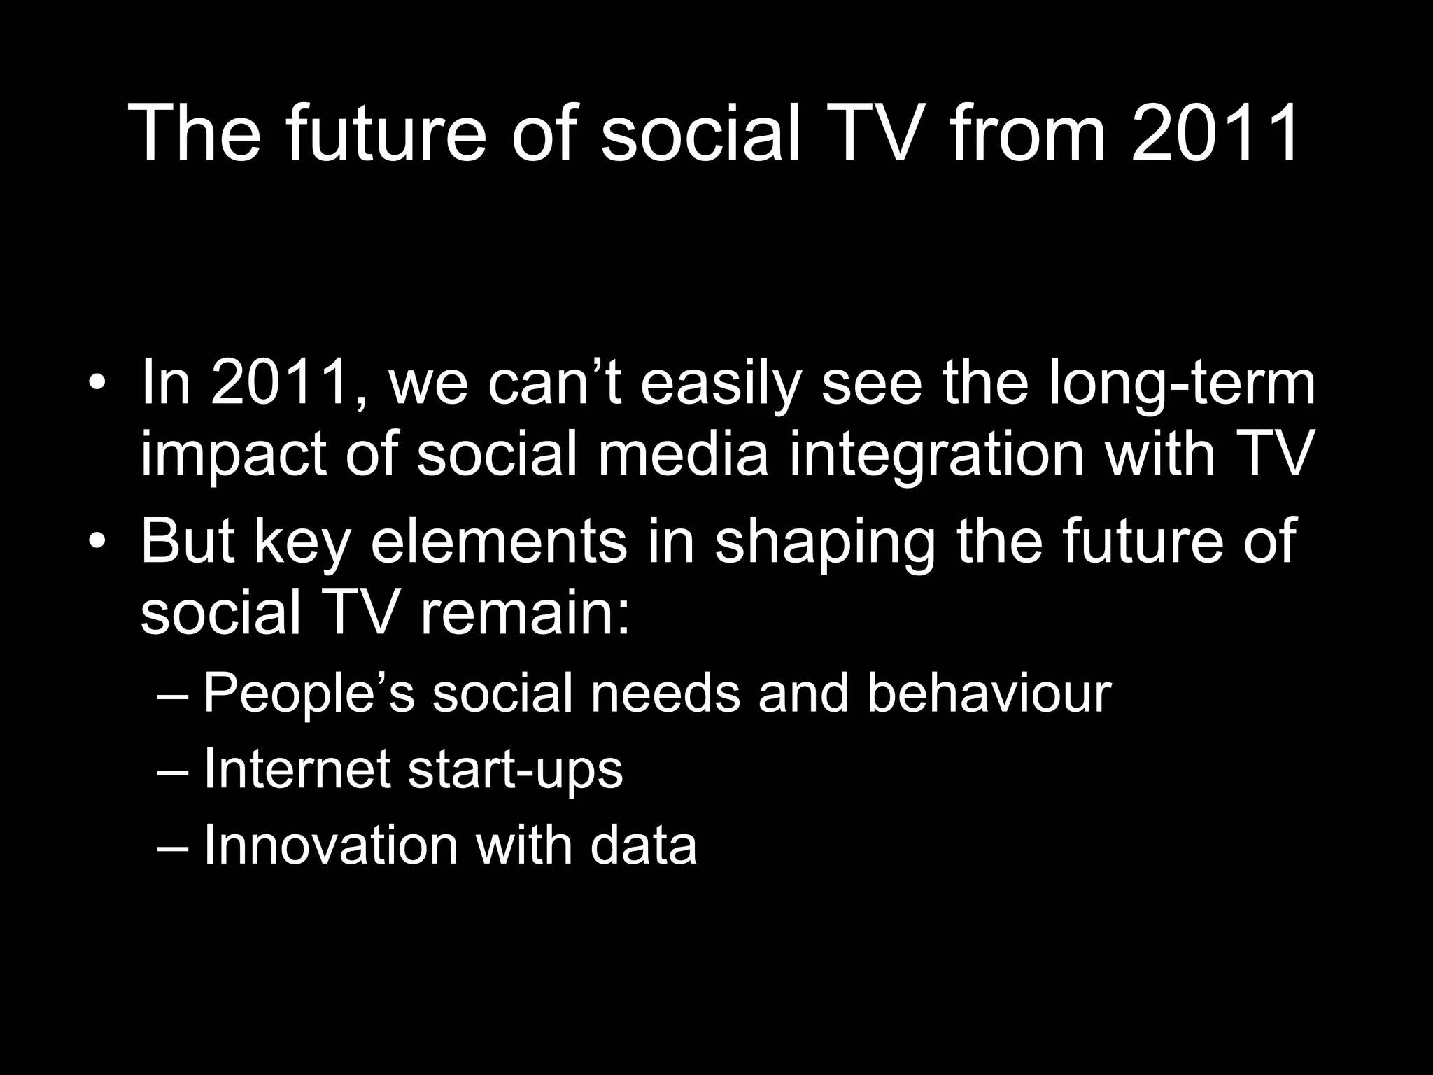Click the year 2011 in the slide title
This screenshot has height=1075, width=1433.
pos(1215,133)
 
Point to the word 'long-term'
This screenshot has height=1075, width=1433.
pos(1183,385)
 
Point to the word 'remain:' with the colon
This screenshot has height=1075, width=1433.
pos(525,613)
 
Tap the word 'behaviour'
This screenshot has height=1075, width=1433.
pos(989,693)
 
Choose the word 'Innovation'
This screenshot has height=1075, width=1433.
pos(330,845)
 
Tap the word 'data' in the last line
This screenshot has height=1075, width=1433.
pos(643,845)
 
